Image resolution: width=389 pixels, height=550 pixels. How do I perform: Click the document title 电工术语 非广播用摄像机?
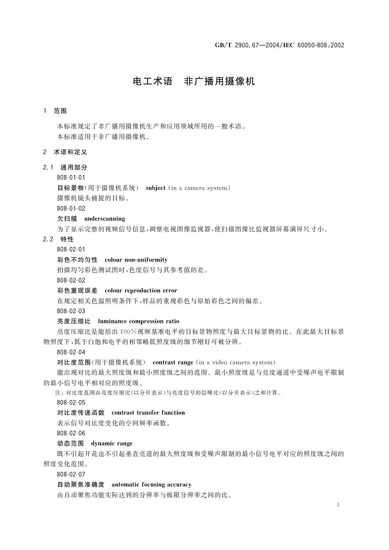pyautogui.click(x=194, y=81)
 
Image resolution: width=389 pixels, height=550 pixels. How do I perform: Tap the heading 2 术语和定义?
pyautogui.click(x=65, y=152)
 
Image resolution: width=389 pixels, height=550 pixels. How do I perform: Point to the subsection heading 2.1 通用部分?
pyautogui.click(x=65, y=168)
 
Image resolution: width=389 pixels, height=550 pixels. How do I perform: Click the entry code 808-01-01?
pyautogui.click(x=71, y=178)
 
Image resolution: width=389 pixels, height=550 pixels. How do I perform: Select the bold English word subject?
pyautogui.click(x=155, y=188)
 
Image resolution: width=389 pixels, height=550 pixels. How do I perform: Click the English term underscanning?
pyautogui.click(x=105, y=219)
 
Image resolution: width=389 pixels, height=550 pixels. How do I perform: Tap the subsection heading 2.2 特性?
pyautogui.click(x=58, y=239)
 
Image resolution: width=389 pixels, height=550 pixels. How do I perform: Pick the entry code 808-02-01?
pyautogui.click(x=71, y=250)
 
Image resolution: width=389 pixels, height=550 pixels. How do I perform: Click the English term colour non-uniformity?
pyautogui.click(x=136, y=260)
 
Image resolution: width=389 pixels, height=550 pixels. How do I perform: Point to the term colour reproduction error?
pyautogui.click(x=141, y=291)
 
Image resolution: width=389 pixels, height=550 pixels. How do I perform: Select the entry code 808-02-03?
pyautogui.click(x=71, y=311)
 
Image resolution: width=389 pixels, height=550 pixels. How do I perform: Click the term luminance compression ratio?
pyautogui.click(x=138, y=321)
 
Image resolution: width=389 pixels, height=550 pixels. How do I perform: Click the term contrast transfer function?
pyautogui.click(x=148, y=413)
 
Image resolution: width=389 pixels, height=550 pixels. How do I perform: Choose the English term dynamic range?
pyautogui.click(x=112, y=444)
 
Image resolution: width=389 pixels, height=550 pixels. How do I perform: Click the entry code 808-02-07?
pyautogui.click(x=71, y=474)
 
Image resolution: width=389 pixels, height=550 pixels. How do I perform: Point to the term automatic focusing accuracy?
pyautogui.click(x=151, y=485)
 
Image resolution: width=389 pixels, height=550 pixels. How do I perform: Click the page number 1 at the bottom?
pyautogui.click(x=338, y=505)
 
